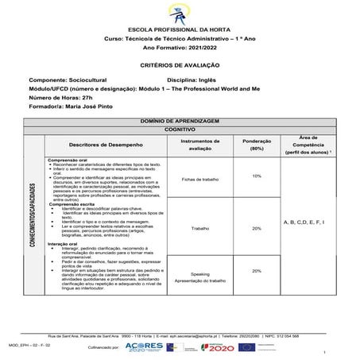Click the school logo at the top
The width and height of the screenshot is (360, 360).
[179, 14]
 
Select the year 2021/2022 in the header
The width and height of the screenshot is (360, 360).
[203, 48]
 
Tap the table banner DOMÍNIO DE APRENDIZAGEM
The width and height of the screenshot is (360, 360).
[179, 119]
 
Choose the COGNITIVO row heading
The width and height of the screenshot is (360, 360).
[179, 127]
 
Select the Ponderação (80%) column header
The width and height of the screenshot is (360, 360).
[257, 145]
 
